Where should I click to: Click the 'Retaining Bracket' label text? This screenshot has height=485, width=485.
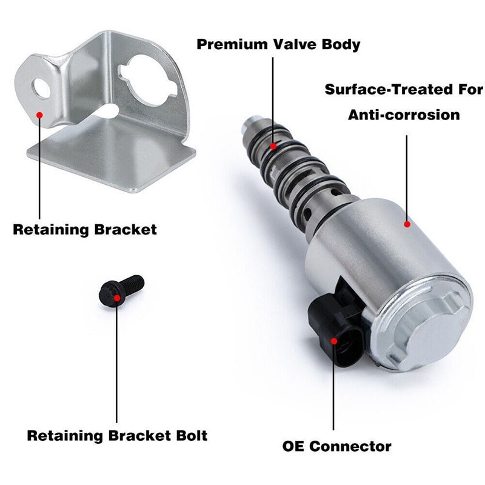coord(85,230)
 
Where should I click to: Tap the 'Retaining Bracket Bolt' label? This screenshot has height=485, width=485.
coord(117,435)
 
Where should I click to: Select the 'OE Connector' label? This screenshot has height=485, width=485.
coord(337,446)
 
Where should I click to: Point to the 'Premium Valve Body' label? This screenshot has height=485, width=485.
coord(278,44)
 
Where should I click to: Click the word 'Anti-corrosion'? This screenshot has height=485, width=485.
coord(404,115)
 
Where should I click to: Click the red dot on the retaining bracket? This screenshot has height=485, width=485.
coord(39,115)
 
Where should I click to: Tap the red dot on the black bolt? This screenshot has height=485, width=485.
coord(117,298)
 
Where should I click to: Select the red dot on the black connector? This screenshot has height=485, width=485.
coord(334,341)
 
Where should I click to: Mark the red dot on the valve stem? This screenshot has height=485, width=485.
coord(273,146)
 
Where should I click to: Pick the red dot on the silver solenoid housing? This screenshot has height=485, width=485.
coord(407,224)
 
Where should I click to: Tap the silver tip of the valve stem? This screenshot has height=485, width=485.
coord(250,123)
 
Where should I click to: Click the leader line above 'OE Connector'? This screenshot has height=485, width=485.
coord(334,386)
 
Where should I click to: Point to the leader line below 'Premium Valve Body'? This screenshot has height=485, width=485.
coord(273,101)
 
